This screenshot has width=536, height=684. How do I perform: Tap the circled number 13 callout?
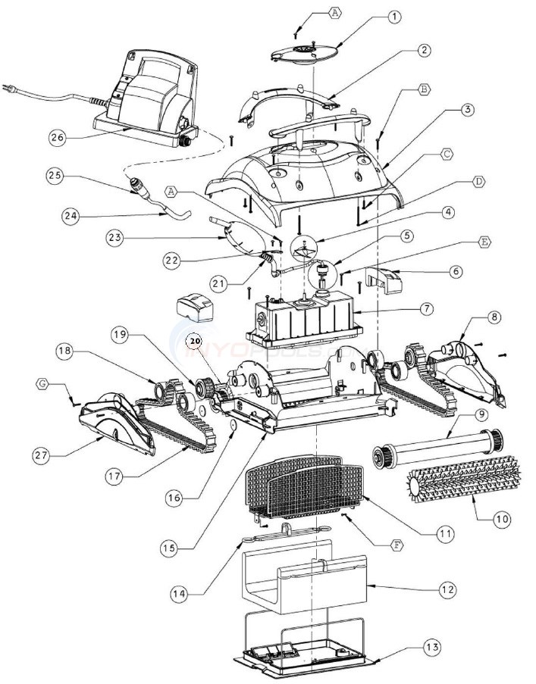coord(432,648)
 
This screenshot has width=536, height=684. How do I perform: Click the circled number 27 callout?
coord(39,455)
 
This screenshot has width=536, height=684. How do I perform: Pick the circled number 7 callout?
coord(427,309)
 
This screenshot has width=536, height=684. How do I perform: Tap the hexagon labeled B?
coord(425,89)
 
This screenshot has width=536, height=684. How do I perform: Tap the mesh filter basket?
coord(303,489)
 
